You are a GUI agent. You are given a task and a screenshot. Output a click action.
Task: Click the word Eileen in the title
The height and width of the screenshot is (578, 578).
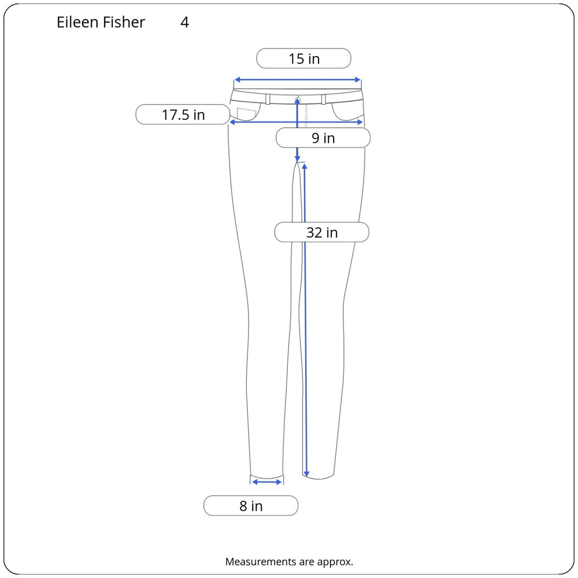77,22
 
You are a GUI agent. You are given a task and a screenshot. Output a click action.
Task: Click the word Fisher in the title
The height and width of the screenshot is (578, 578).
124,22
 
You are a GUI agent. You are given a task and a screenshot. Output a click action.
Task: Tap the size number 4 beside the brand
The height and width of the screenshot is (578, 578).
185,22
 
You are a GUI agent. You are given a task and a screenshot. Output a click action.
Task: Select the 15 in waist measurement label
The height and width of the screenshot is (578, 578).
304,58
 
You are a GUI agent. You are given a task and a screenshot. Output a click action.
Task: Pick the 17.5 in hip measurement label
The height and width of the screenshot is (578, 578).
183,114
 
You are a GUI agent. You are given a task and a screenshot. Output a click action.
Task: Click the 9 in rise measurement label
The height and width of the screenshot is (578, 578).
323,138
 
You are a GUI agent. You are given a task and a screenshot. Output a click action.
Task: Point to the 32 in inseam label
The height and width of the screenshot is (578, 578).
322,232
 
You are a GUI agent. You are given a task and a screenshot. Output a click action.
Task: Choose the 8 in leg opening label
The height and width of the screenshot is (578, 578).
251,505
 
